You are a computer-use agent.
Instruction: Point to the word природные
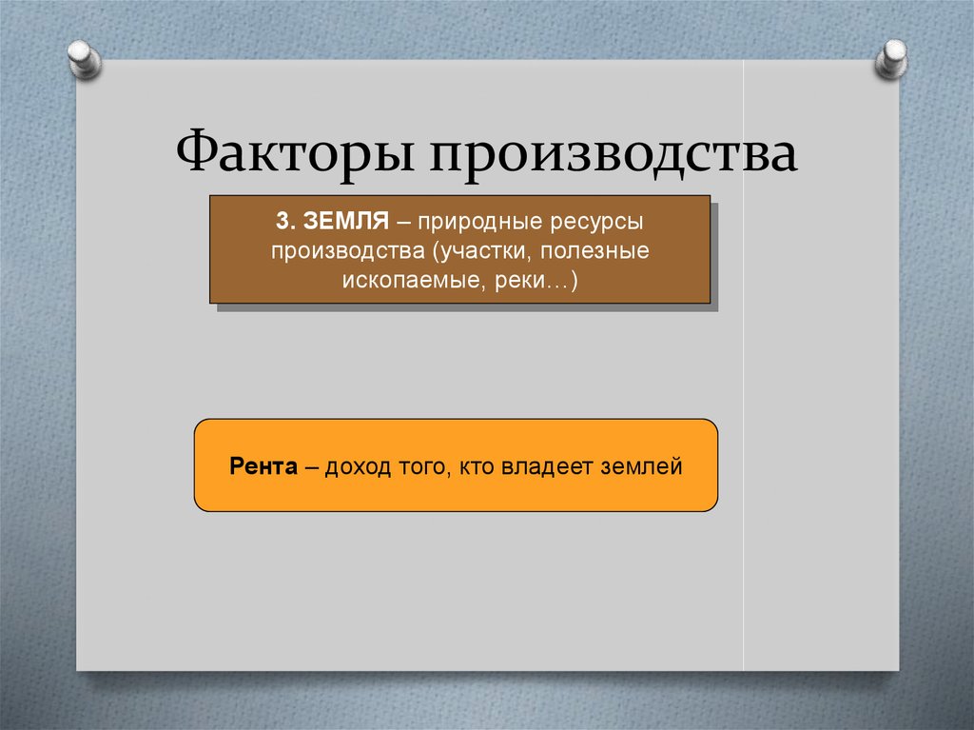(460, 221)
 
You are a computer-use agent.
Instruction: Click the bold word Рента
(264, 467)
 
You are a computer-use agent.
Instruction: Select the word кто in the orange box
(475, 467)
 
